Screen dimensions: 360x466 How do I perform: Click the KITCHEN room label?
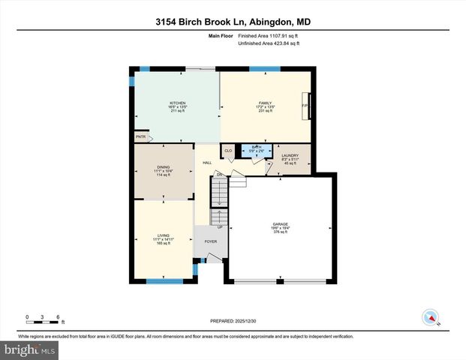(x=177, y=103)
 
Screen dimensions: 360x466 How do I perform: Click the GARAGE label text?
(x=280, y=224)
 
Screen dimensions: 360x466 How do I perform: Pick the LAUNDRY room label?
(x=290, y=154)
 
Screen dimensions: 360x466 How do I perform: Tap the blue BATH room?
(x=256, y=150)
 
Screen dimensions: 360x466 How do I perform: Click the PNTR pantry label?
(x=140, y=137)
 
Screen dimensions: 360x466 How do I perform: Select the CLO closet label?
(x=228, y=151)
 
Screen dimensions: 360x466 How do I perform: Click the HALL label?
(x=206, y=163)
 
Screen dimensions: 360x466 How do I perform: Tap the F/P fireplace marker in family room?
(x=305, y=105)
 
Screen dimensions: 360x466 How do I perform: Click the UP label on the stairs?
(x=220, y=226)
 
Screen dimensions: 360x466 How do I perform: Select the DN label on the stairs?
(x=218, y=175)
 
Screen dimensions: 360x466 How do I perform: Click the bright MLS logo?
(x=29, y=350)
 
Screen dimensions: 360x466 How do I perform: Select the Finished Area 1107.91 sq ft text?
(x=269, y=35)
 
